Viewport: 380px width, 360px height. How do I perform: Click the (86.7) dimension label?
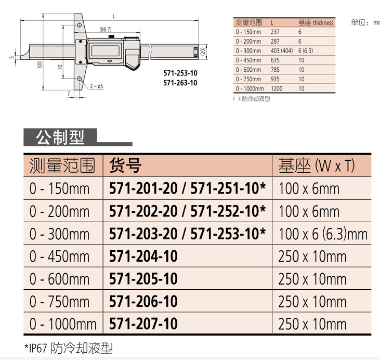tap(106, 29)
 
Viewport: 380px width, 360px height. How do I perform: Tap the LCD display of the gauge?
tap(105, 50)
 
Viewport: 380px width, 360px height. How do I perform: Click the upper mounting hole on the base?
tap(79, 25)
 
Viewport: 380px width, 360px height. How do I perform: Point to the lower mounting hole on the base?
tap(79, 79)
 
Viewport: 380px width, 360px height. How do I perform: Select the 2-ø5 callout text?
tap(97, 86)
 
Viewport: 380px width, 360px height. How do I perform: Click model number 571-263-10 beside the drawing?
tap(180, 83)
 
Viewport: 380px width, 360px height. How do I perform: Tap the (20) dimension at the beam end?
tap(203, 52)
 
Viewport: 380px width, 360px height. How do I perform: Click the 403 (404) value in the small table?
tap(282, 50)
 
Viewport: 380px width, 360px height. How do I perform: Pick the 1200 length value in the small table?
tap(277, 88)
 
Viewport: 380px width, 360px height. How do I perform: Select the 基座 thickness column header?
tap(316, 22)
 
